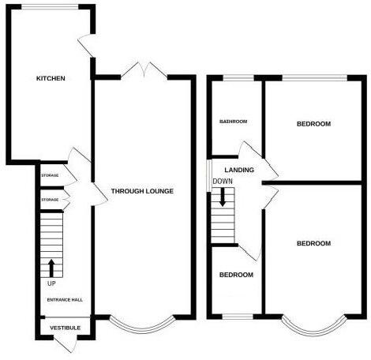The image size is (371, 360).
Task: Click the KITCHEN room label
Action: tap(50, 79)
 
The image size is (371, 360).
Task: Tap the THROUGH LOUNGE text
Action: tap(142, 191)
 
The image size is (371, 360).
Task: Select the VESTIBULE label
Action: tap(65, 327)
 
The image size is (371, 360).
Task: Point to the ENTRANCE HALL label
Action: tap(65, 300)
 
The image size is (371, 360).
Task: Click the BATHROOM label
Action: tap(234, 122)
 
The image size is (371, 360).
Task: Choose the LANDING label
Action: tap(238, 170)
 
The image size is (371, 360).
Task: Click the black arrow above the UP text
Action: tap(52, 266)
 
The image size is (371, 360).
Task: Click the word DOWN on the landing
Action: tap(223, 182)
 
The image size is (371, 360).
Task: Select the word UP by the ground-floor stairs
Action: tap(52, 283)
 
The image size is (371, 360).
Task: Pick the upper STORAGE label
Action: tap(50, 175)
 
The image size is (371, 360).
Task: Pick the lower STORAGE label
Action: tap(50, 200)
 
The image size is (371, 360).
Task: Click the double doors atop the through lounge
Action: tap(143, 73)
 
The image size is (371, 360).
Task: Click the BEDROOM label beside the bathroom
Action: tap(313, 124)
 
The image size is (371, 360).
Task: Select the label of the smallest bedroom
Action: tap(236, 275)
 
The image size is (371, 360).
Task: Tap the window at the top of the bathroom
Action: tap(235, 77)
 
